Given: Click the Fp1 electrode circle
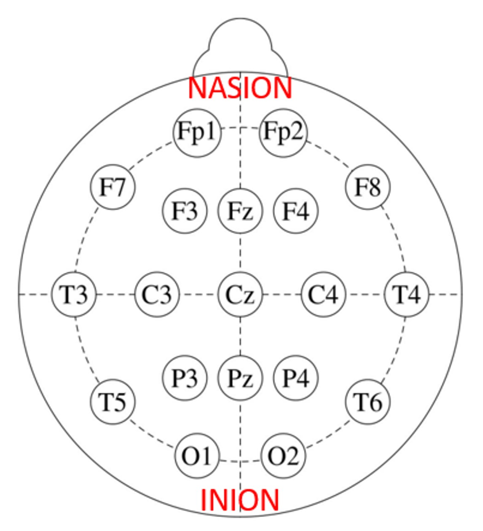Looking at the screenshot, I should click(x=197, y=133).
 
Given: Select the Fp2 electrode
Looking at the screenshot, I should click(x=283, y=133).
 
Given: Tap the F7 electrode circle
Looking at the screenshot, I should click(x=113, y=187).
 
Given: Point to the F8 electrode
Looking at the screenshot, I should click(x=368, y=187).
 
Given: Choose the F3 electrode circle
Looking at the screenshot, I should click(x=185, y=211).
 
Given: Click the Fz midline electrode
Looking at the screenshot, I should click(x=240, y=211).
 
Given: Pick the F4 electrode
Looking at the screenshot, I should click(x=296, y=211).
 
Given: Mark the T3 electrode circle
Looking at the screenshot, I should click(x=74, y=294).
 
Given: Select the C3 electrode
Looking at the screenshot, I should click(x=157, y=294).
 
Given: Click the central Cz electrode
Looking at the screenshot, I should click(x=240, y=294).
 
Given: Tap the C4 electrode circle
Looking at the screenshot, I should click(x=323, y=294).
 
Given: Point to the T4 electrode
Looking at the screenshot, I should click(x=406, y=294).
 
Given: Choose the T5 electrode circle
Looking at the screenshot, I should click(x=113, y=402).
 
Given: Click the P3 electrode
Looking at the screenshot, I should click(x=185, y=378).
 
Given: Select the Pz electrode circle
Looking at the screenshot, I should click(x=240, y=378).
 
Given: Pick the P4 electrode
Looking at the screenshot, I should click(x=296, y=378).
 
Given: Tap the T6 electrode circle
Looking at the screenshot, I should click(x=368, y=402).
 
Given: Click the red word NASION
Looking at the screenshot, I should click(x=240, y=88).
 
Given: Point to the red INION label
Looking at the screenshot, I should click(x=240, y=500).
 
